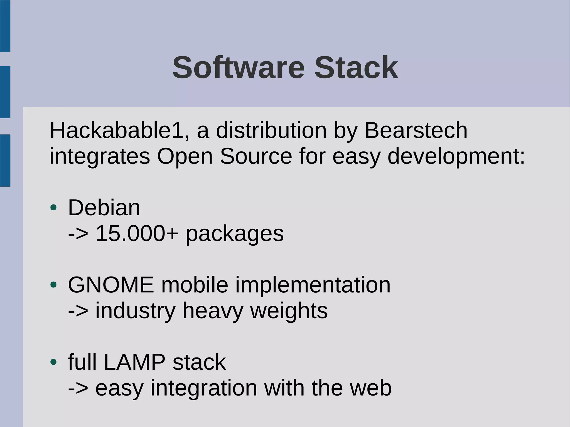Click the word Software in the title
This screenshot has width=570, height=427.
(x=239, y=68)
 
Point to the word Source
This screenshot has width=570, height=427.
(x=256, y=156)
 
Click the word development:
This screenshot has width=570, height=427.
(x=456, y=157)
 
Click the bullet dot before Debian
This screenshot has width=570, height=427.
(x=53, y=208)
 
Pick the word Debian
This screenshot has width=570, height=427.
(x=104, y=208)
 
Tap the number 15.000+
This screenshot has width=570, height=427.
(x=137, y=233)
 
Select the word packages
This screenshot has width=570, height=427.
(x=235, y=234)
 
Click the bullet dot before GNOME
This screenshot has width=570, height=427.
(x=53, y=285)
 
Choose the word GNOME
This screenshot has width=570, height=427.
(x=111, y=285)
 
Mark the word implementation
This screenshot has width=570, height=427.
(x=313, y=285)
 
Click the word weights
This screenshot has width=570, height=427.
(x=289, y=311)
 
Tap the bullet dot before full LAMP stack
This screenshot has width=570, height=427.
(x=53, y=362)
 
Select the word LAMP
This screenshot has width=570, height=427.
(x=134, y=362)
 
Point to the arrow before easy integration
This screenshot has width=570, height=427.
(x=78, y=388)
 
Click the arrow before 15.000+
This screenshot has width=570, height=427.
(x=78, y=234)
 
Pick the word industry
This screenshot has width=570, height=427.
(x=135, y=311)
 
